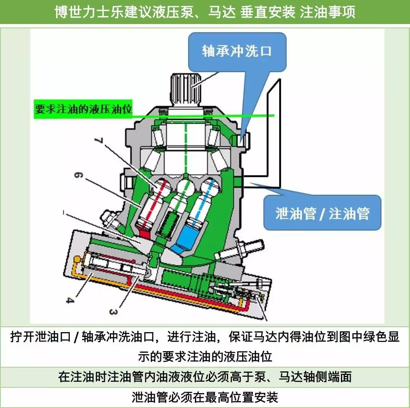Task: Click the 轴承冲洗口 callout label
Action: click(236, 51)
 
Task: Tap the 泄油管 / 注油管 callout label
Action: click(322, 213)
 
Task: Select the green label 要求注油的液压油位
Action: click(83, 109)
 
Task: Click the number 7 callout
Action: click(98, 140)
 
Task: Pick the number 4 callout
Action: click(70, 300)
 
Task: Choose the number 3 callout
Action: click(113, 312)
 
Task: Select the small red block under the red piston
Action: click(144, 234)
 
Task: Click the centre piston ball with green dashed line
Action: click(186, 186)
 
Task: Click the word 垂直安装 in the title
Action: click(268, 12)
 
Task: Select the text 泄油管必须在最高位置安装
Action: click(205, 397)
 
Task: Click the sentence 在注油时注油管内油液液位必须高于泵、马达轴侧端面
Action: click(205, 377)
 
